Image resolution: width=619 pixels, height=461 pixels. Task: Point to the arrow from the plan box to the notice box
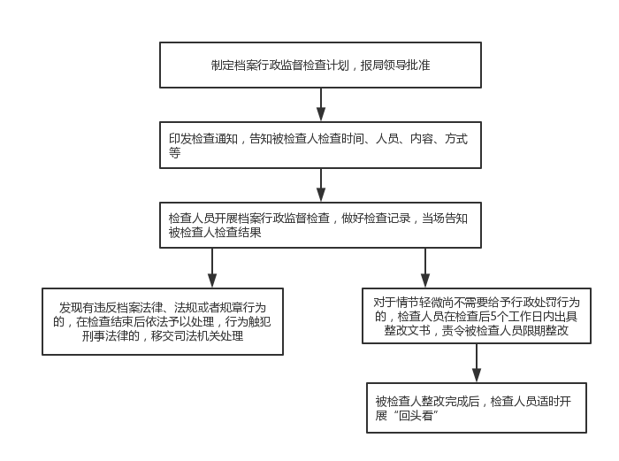[321, 104]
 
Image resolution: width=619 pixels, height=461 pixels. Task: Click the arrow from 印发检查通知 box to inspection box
[321, 185]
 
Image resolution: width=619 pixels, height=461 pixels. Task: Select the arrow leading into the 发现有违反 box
[212, 268]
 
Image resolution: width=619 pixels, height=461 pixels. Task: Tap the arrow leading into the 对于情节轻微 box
[425, 268]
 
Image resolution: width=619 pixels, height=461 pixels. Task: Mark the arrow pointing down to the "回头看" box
[477, 363]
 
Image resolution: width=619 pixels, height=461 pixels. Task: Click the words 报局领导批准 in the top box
[395, 65]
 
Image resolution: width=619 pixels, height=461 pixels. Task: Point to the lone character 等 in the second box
[174, 152]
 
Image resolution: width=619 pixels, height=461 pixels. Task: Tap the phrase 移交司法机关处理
[197, 336]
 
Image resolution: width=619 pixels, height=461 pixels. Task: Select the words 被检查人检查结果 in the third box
[215, 233]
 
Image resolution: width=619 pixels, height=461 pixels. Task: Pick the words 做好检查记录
[376, 218]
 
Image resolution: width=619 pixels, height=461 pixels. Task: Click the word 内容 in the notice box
[422, 139]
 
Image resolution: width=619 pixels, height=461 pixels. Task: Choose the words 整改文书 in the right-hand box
[407, 330]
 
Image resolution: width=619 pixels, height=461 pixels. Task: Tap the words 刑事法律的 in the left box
[111, 336]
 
